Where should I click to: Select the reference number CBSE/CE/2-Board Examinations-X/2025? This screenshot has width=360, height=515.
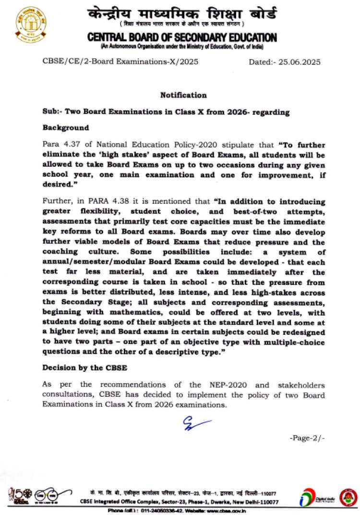[120, 62]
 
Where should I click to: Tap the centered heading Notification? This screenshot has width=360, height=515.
[183, 95]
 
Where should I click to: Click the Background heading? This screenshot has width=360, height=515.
[66, 128]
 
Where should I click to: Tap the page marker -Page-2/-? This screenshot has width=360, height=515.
[307, 438]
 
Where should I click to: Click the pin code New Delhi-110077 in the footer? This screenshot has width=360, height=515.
[251, 502]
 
